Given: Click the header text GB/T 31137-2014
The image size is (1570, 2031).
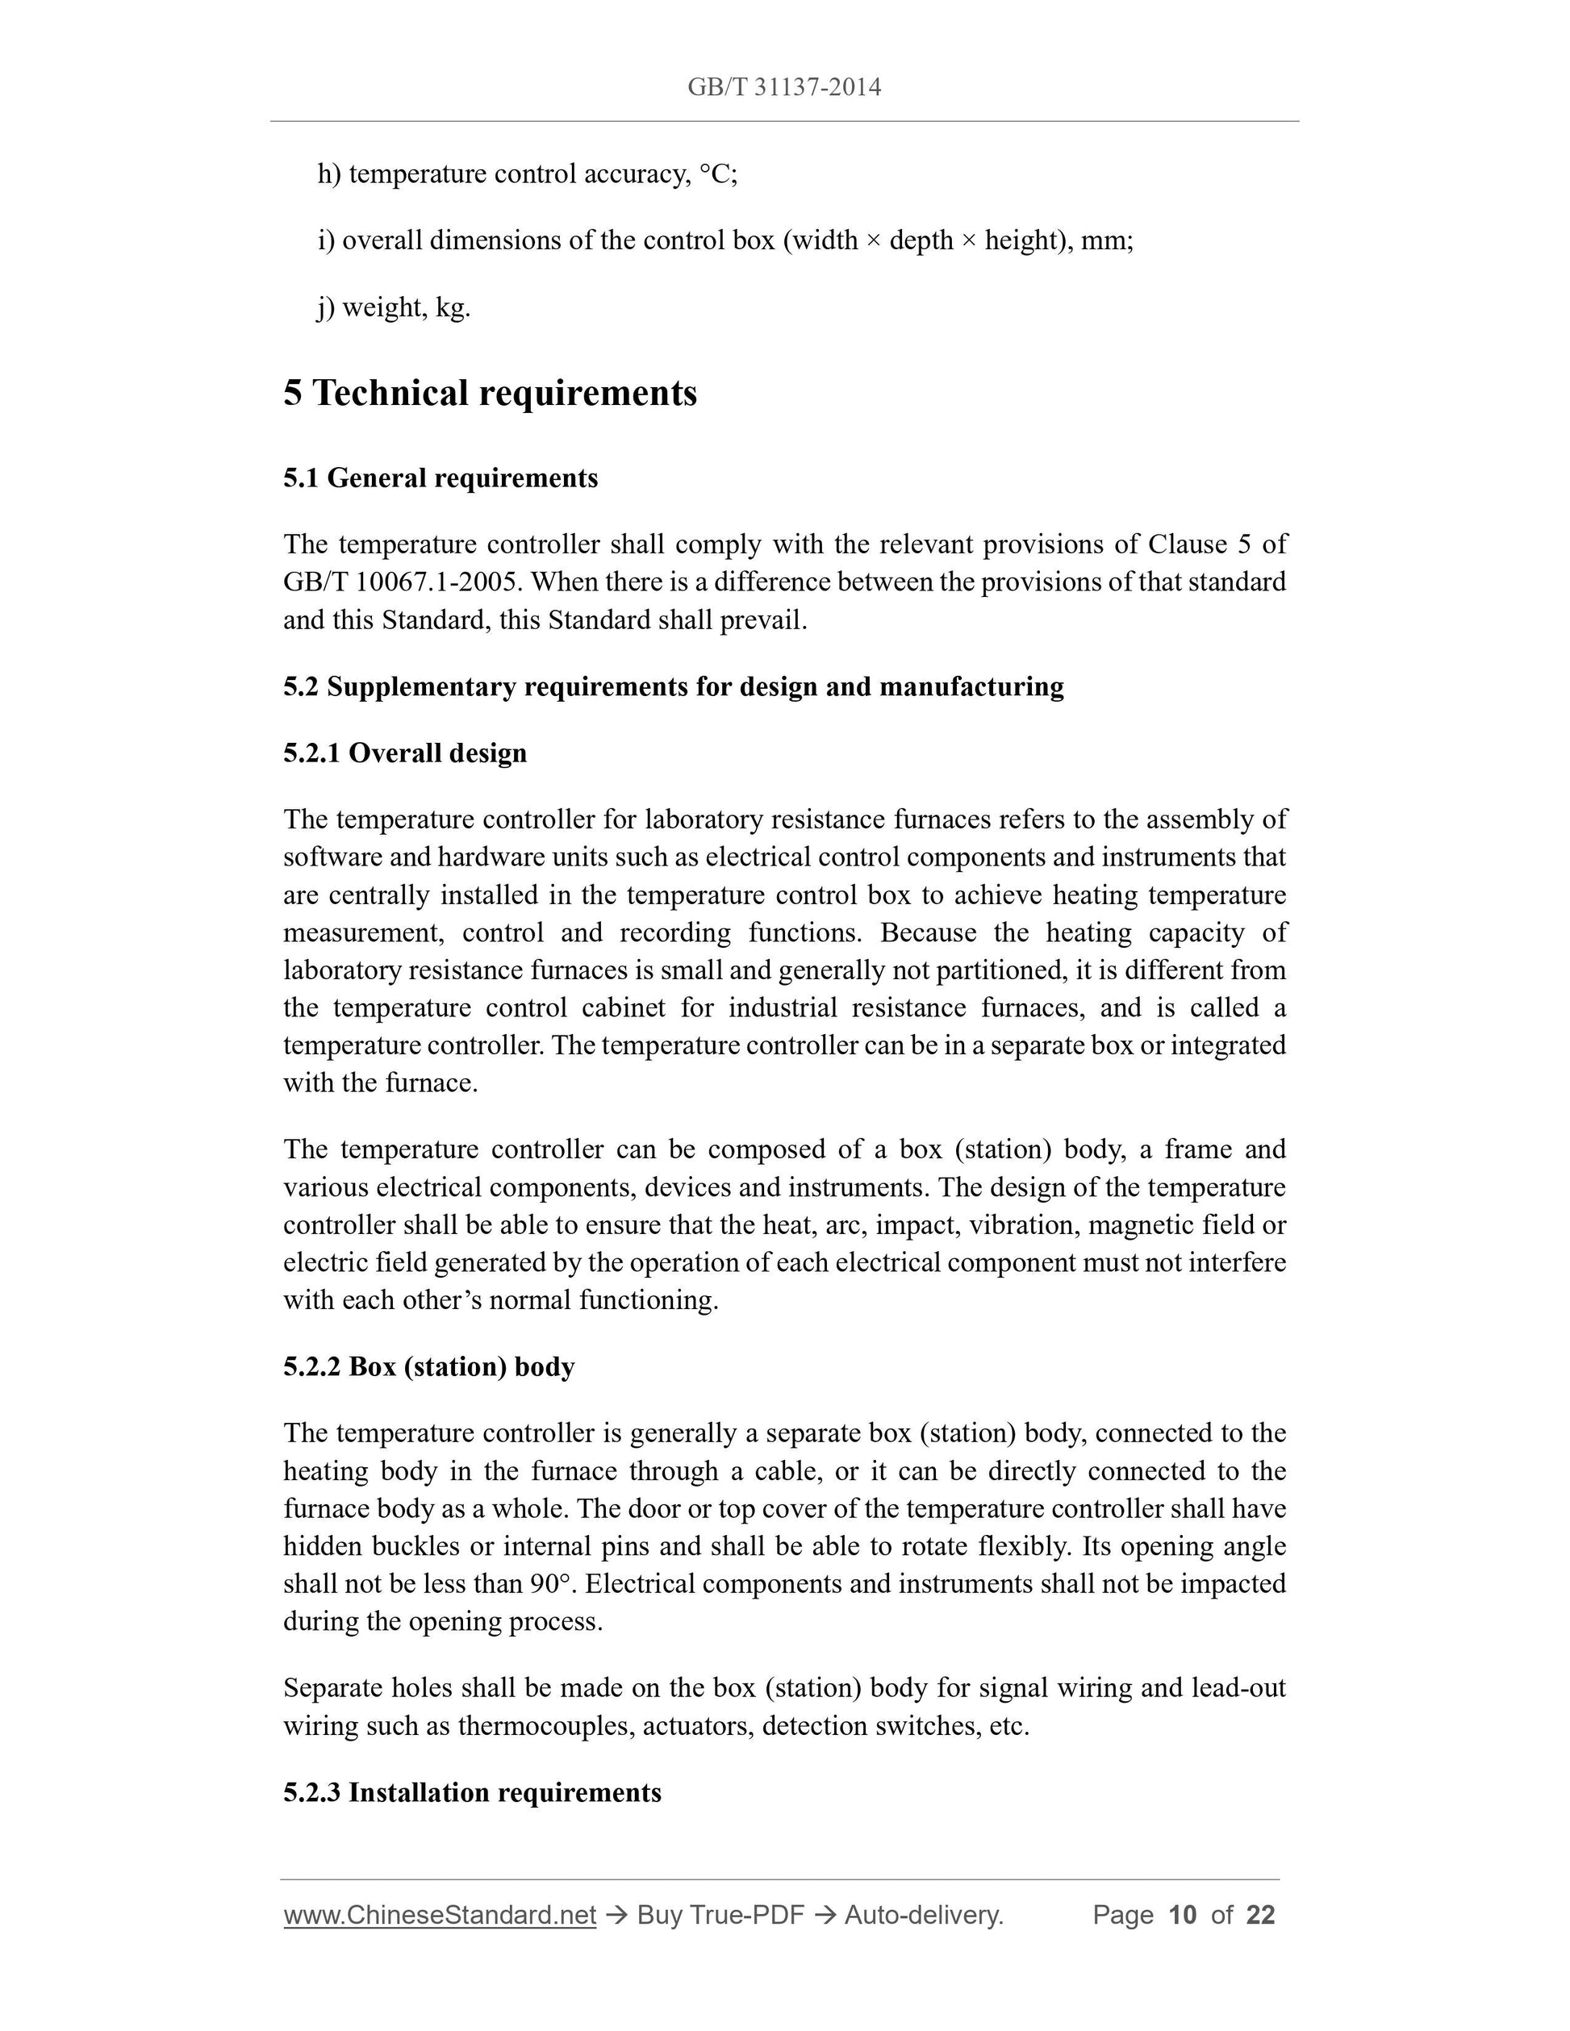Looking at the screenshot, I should click(x=784, y=87).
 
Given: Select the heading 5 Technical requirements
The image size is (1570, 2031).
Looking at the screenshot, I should click(x=491, y=394).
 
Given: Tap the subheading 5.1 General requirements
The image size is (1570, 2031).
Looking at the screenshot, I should click(x=440, y=478).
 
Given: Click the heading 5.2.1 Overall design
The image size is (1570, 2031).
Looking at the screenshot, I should click(x=404, y=753).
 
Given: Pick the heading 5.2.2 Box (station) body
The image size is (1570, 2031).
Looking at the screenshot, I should click(x=428, y=1366).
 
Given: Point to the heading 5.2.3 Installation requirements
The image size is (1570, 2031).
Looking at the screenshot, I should click(x=471, y=1792).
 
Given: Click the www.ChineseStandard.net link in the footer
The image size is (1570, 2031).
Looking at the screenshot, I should click(x=439, y=1915).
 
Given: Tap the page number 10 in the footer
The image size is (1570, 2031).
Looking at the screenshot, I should click(x=1181, y=1915).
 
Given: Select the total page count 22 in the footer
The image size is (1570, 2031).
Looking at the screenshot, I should click(x=1260, y=1915).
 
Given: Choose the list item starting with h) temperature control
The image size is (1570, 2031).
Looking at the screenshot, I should click(x=527, y=174).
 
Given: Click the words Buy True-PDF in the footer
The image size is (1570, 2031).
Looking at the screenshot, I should click(x=720, y=1915).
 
